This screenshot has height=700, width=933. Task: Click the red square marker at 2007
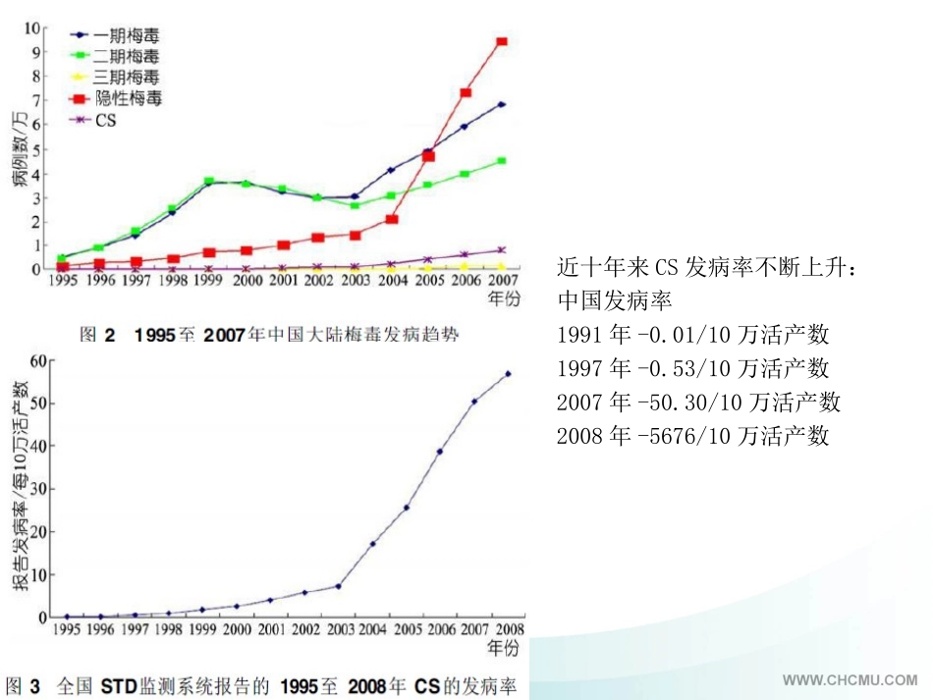point(502,41)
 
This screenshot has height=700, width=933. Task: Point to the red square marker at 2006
point(466,93)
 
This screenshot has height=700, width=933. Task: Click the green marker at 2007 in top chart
point(502,160)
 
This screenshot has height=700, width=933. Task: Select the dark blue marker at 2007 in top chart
point(502,104)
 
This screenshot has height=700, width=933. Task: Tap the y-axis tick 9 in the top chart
point(36,52)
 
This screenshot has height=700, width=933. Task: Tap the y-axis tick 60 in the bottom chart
point(38,360)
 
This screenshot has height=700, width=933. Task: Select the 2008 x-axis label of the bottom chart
point(508,629)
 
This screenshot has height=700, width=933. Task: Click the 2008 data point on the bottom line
point(508,373)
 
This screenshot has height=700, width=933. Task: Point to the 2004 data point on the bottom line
point(372,544)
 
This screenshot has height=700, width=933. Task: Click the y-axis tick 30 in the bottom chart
point(38,489)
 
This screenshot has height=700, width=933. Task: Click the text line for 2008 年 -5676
point(692,435)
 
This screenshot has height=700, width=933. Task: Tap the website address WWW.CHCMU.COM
point(850,679)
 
